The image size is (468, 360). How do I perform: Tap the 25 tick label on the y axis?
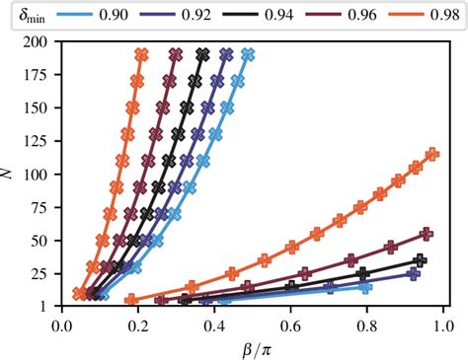click(43, 273)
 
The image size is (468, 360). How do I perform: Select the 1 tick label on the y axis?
click(47, 306)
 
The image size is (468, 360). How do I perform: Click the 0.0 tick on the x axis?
click(62, 322)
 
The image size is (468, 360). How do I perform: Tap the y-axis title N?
click(10, 174)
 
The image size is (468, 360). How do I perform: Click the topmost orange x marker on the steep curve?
click(141, 55)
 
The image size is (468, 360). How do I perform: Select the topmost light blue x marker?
click(248, 55)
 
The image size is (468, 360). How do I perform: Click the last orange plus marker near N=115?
click(431, 155)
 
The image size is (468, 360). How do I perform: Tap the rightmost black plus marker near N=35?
click(421, 260)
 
